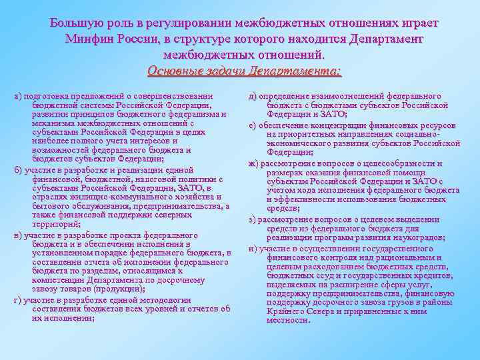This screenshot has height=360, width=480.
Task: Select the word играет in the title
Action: pos(417,23)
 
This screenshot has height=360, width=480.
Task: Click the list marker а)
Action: pos(18,97)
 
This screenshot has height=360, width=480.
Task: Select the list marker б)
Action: pos(18,171)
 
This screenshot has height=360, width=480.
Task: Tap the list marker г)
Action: pos(18,300)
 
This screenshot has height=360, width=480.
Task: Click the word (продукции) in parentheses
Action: pos(119,289)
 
